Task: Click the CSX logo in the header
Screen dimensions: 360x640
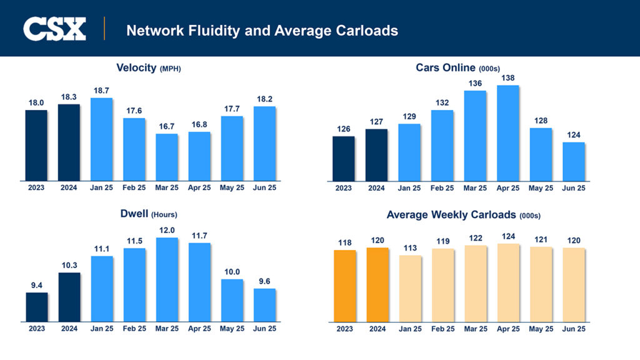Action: [54, 29]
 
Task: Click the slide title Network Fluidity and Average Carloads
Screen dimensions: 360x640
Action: [262, 30]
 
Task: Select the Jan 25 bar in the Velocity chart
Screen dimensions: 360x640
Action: [101, 139]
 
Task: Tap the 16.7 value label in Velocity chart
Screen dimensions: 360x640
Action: [166, 126]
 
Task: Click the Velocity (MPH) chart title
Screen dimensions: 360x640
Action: [148, 68]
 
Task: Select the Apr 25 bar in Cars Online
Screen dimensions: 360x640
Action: [507, 132]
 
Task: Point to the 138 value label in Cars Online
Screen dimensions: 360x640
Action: [507, 77]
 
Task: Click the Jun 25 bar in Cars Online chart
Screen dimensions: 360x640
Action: [573, 161]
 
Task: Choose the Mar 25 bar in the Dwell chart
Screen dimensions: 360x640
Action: [166, 279]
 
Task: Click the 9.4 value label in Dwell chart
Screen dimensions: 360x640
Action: [36, 285]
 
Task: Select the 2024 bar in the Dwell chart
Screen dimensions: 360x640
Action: [69, 297]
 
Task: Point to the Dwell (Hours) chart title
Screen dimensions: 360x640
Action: [148, 214]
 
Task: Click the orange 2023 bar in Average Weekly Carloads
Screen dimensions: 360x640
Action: [344, 286]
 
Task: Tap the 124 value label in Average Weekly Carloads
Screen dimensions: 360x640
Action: [507, 236]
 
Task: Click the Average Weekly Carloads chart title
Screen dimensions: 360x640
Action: [463, 214]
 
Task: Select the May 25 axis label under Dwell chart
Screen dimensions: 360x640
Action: [231, 329]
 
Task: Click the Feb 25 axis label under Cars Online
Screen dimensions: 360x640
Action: [442, 187]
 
